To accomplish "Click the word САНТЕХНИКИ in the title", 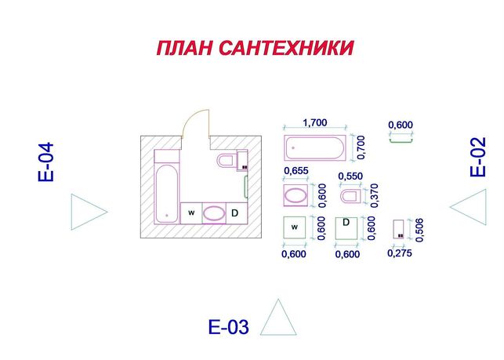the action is pos(286,48).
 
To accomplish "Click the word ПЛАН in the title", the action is pos(184,48).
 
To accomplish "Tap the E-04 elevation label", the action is pos(45,162).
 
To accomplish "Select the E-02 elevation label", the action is pos(477,157).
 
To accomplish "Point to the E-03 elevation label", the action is pos(229,327).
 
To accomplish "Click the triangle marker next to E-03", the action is pos(278,317).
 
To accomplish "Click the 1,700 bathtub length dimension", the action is pos(315,122).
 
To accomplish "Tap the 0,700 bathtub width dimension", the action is pos(361,147).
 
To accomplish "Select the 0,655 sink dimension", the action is pos(296,170).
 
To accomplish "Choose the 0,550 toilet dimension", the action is pos(350,176).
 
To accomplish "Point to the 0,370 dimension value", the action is pos(375,195).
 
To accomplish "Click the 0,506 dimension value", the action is pos(419,230).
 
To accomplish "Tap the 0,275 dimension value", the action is pos(400,253).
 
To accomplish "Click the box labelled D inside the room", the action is pos(237,213).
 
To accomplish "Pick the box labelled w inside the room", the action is pos(191,213).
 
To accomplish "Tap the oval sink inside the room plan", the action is pos(214,213).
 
